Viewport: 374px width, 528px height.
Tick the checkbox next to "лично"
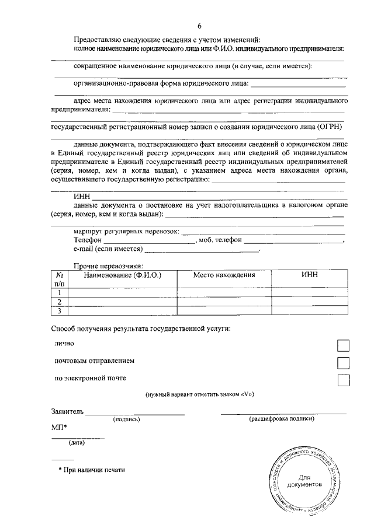[344, 346]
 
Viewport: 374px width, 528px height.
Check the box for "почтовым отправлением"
[344, 363]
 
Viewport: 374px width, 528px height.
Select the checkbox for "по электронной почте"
[344, 380]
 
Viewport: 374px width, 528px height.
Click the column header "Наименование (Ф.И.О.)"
[122, 275]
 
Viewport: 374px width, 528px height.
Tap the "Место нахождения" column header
[224, 275]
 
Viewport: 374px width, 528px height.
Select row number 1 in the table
[59, 292]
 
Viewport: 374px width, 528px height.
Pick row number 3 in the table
[59, 310]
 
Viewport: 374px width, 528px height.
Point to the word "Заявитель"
[67, 411]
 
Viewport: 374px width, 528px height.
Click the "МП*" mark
[59, 428]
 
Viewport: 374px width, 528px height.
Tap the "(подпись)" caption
[126, 419]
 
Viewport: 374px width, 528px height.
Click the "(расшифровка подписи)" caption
[283, 419]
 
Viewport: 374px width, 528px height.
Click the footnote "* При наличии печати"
[91, 470]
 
